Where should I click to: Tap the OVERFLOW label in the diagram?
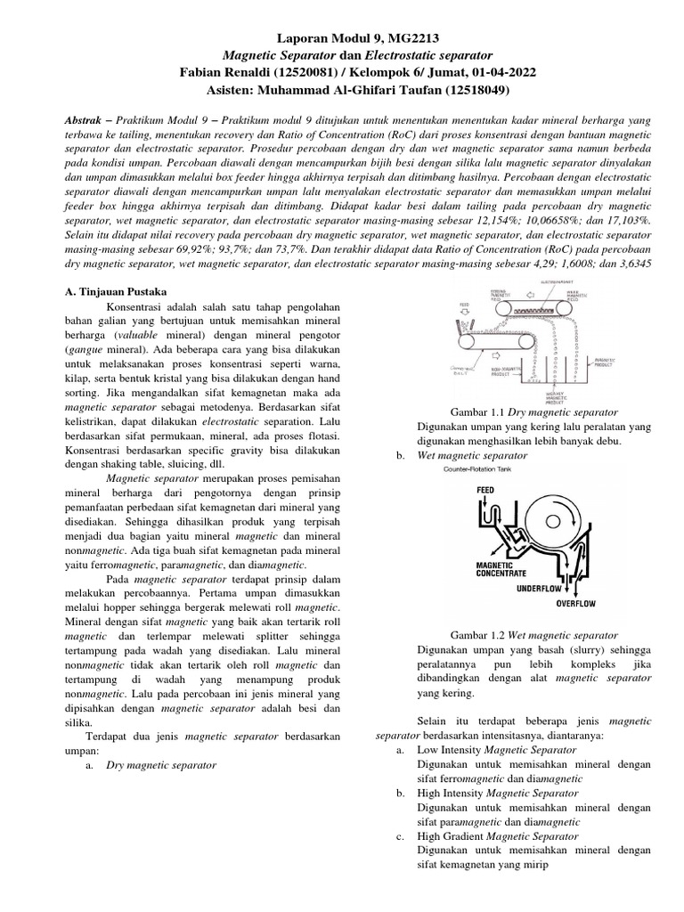tap(577, 603)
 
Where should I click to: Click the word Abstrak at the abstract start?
tap(88, 119)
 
